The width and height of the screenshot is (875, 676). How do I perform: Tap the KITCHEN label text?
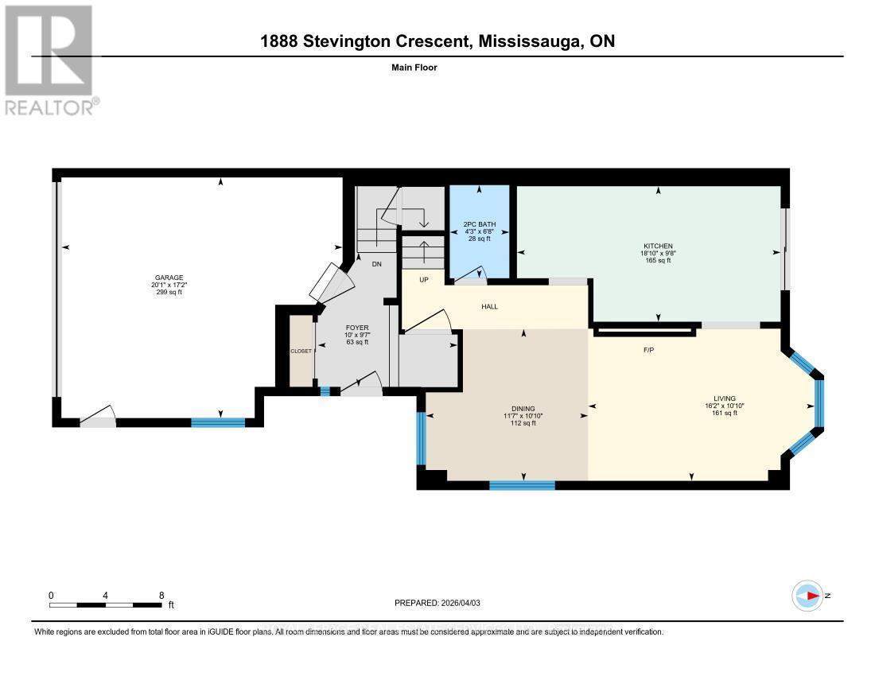click(658, 246)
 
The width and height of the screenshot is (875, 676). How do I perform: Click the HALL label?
click(490, 306)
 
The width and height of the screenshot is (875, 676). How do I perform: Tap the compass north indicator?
click(810, 596)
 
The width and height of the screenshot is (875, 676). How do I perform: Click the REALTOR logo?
click(49, 60)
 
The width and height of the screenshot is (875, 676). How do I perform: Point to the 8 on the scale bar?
click(161, 595)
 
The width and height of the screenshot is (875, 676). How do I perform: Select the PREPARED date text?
click(437, 603)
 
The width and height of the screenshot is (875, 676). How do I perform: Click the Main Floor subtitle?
click(414, 68)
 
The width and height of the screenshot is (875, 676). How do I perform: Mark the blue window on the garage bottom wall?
click(217, 422)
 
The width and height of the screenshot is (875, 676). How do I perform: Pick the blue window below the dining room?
click(522, 484)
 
